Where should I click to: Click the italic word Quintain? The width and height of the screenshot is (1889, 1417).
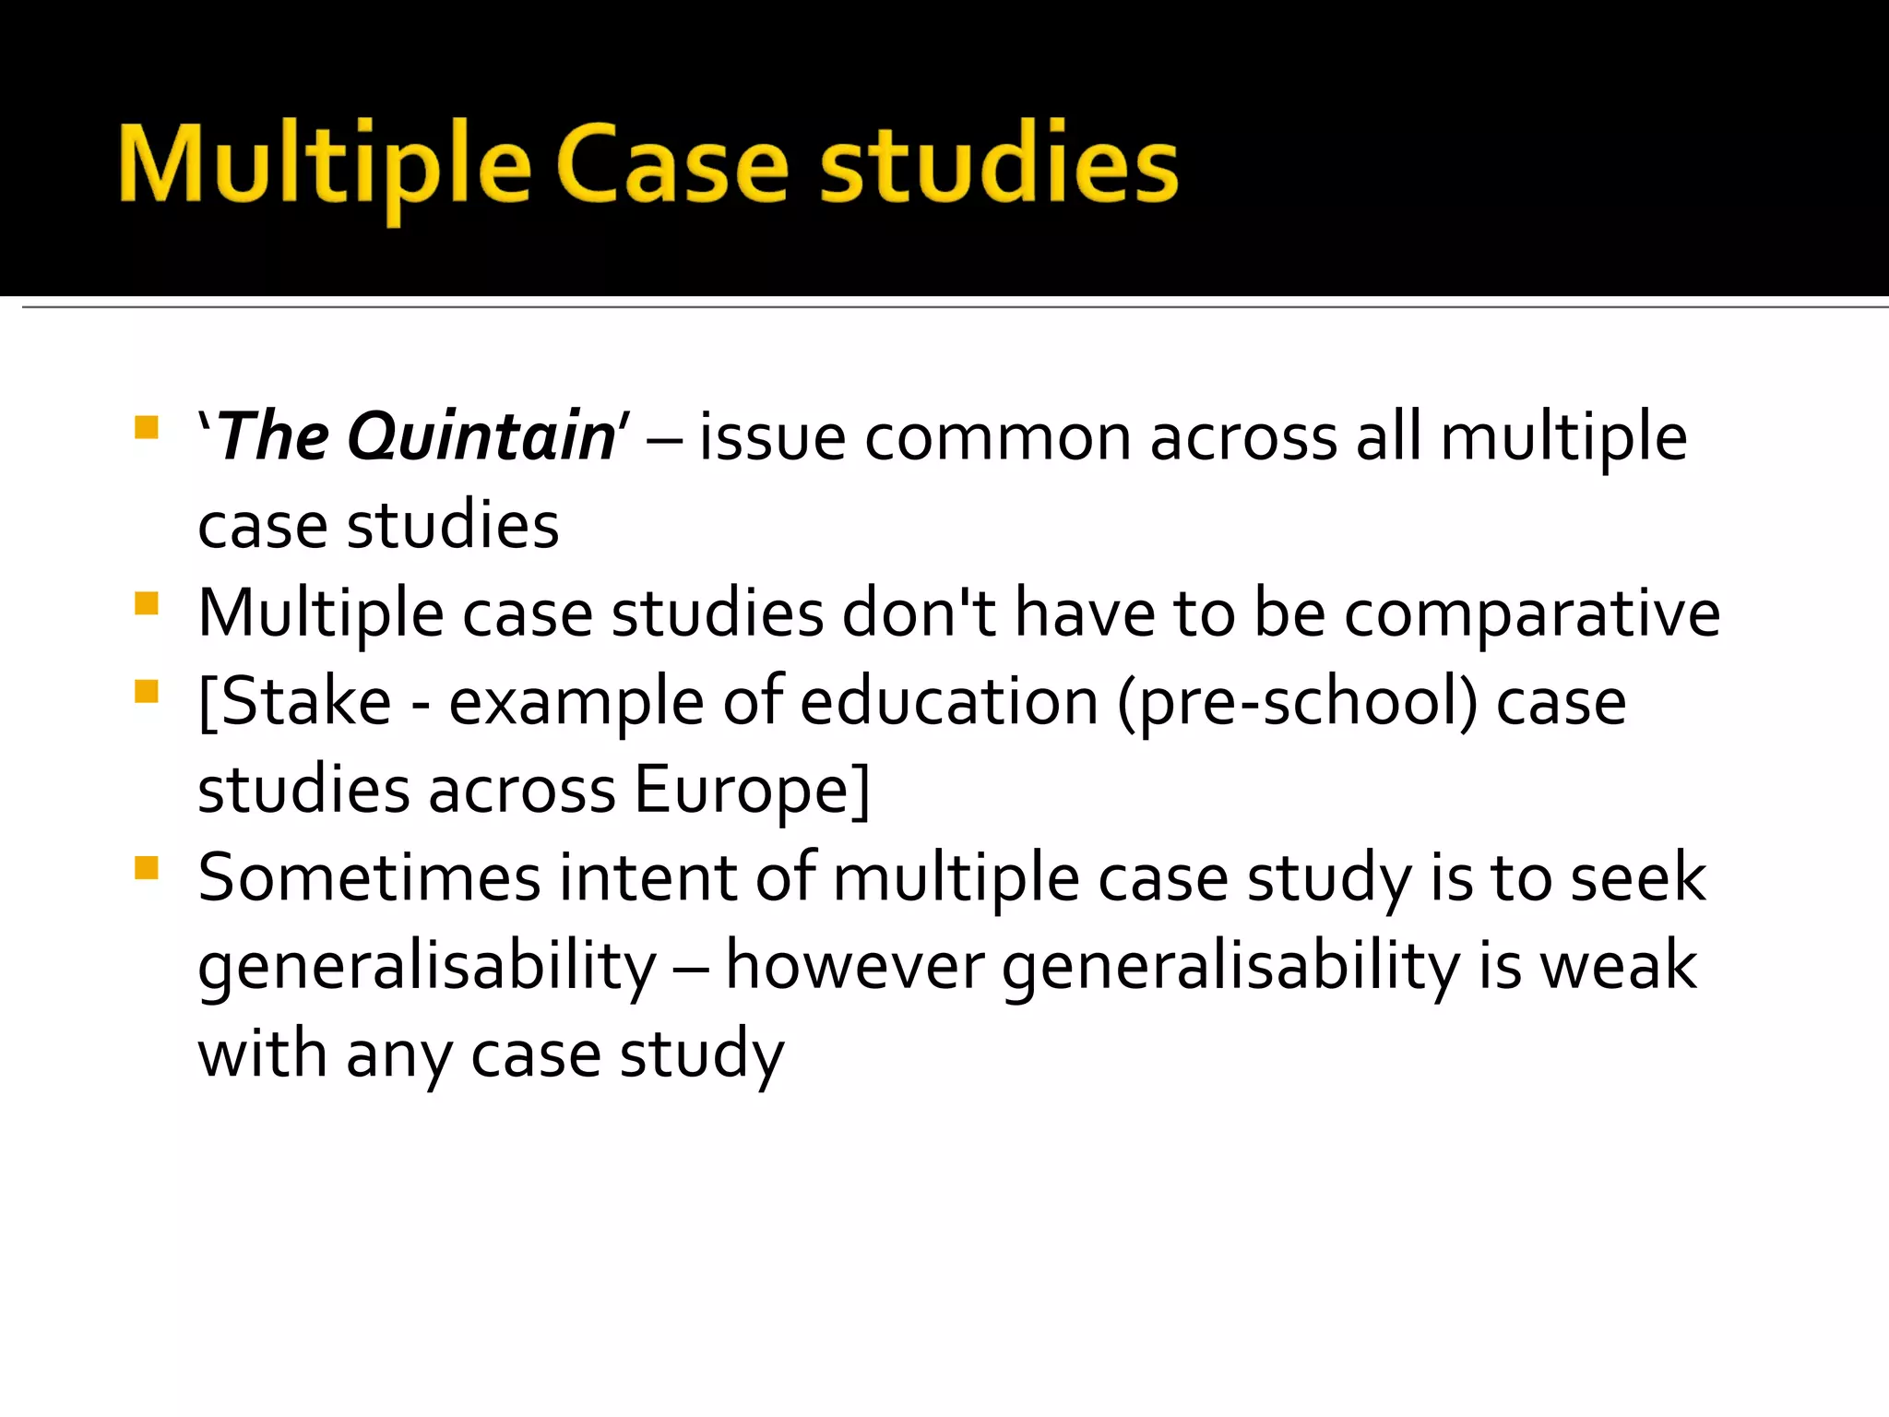coord(481,436)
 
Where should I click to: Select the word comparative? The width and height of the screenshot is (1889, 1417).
coord(1532,613)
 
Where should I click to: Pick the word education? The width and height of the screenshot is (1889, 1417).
coord(949,702)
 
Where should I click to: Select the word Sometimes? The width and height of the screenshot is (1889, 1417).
coord(369,877)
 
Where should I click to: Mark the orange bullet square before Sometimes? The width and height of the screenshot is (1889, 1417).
coord(147,868)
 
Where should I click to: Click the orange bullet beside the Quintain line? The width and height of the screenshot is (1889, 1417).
coord(147,427)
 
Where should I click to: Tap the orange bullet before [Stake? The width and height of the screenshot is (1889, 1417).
coord(147,692)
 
